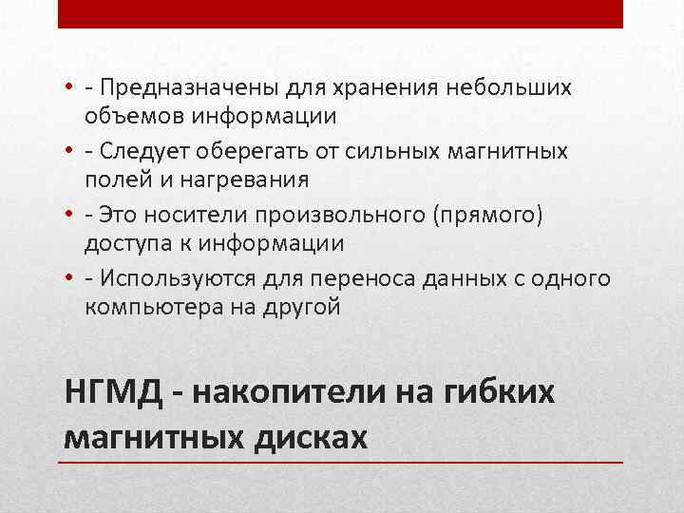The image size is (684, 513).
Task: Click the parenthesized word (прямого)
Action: coord(488,215)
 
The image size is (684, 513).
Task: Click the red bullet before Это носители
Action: coord(70,216)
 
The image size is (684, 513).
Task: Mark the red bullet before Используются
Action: coord(70,278)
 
